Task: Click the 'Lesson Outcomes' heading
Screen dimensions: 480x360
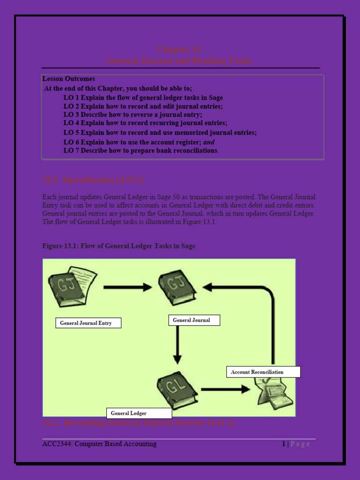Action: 68,79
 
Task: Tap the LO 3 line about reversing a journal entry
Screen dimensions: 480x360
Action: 133,115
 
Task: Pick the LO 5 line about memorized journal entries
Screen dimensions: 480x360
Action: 160,133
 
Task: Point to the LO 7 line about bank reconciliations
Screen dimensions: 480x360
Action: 141,150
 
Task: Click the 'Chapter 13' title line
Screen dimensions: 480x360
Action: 179,50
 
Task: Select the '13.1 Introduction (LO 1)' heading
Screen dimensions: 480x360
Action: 93,180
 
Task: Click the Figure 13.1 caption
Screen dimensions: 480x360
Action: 119,246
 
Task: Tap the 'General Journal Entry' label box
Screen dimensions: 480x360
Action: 88,323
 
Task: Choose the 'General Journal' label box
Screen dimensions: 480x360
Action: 194,320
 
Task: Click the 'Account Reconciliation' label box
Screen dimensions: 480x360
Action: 263,372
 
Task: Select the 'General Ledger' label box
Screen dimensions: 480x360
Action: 139,413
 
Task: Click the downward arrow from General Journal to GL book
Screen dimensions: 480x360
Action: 177,345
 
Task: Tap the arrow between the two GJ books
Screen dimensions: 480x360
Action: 127,287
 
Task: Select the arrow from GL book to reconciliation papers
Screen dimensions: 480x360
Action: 225,389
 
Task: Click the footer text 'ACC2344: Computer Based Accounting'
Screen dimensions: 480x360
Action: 99,444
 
